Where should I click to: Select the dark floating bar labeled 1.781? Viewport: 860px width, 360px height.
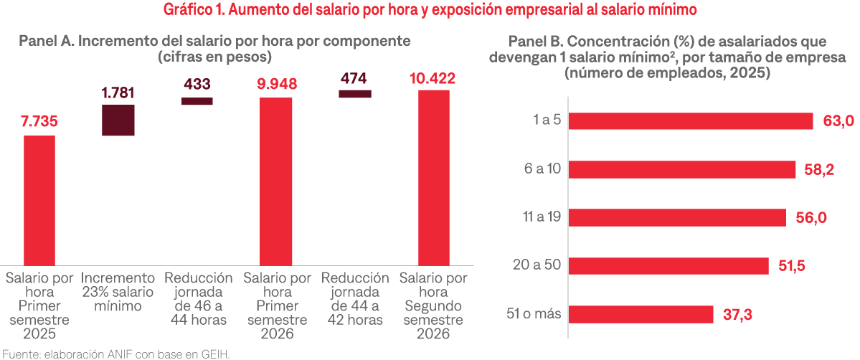click(118, 120)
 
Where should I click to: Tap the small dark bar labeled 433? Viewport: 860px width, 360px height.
click(197, 101)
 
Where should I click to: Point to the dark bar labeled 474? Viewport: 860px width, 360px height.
click(354, 93)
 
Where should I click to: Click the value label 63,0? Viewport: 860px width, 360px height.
click(838, 121)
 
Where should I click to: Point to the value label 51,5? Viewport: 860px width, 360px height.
click(793, 266)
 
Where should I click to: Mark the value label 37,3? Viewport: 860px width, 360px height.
click(737, 315)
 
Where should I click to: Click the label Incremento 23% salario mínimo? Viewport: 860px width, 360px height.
click(118, 292)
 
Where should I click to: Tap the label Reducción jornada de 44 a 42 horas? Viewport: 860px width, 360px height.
click(354, 299)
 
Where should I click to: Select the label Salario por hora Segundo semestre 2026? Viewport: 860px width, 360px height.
click(433, 305)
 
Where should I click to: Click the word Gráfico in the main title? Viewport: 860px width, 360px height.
click(189, 10)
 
